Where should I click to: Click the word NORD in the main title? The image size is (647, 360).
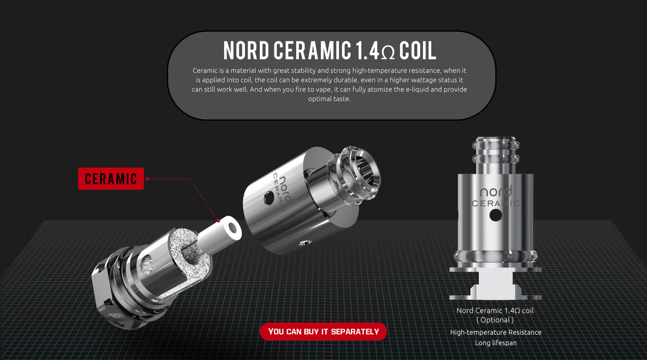pos(246,50)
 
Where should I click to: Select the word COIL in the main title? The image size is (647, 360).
pos(418,50)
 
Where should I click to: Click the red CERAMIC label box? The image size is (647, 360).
pos(111,178)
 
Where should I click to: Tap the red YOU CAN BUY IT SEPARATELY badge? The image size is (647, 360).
pos(323,331)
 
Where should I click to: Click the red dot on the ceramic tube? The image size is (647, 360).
pos(219,221)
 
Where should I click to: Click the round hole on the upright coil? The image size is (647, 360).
pos(496,215)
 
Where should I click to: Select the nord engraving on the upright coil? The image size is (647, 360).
pos(496,192)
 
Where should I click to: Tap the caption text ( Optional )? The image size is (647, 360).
pos(495,320)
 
